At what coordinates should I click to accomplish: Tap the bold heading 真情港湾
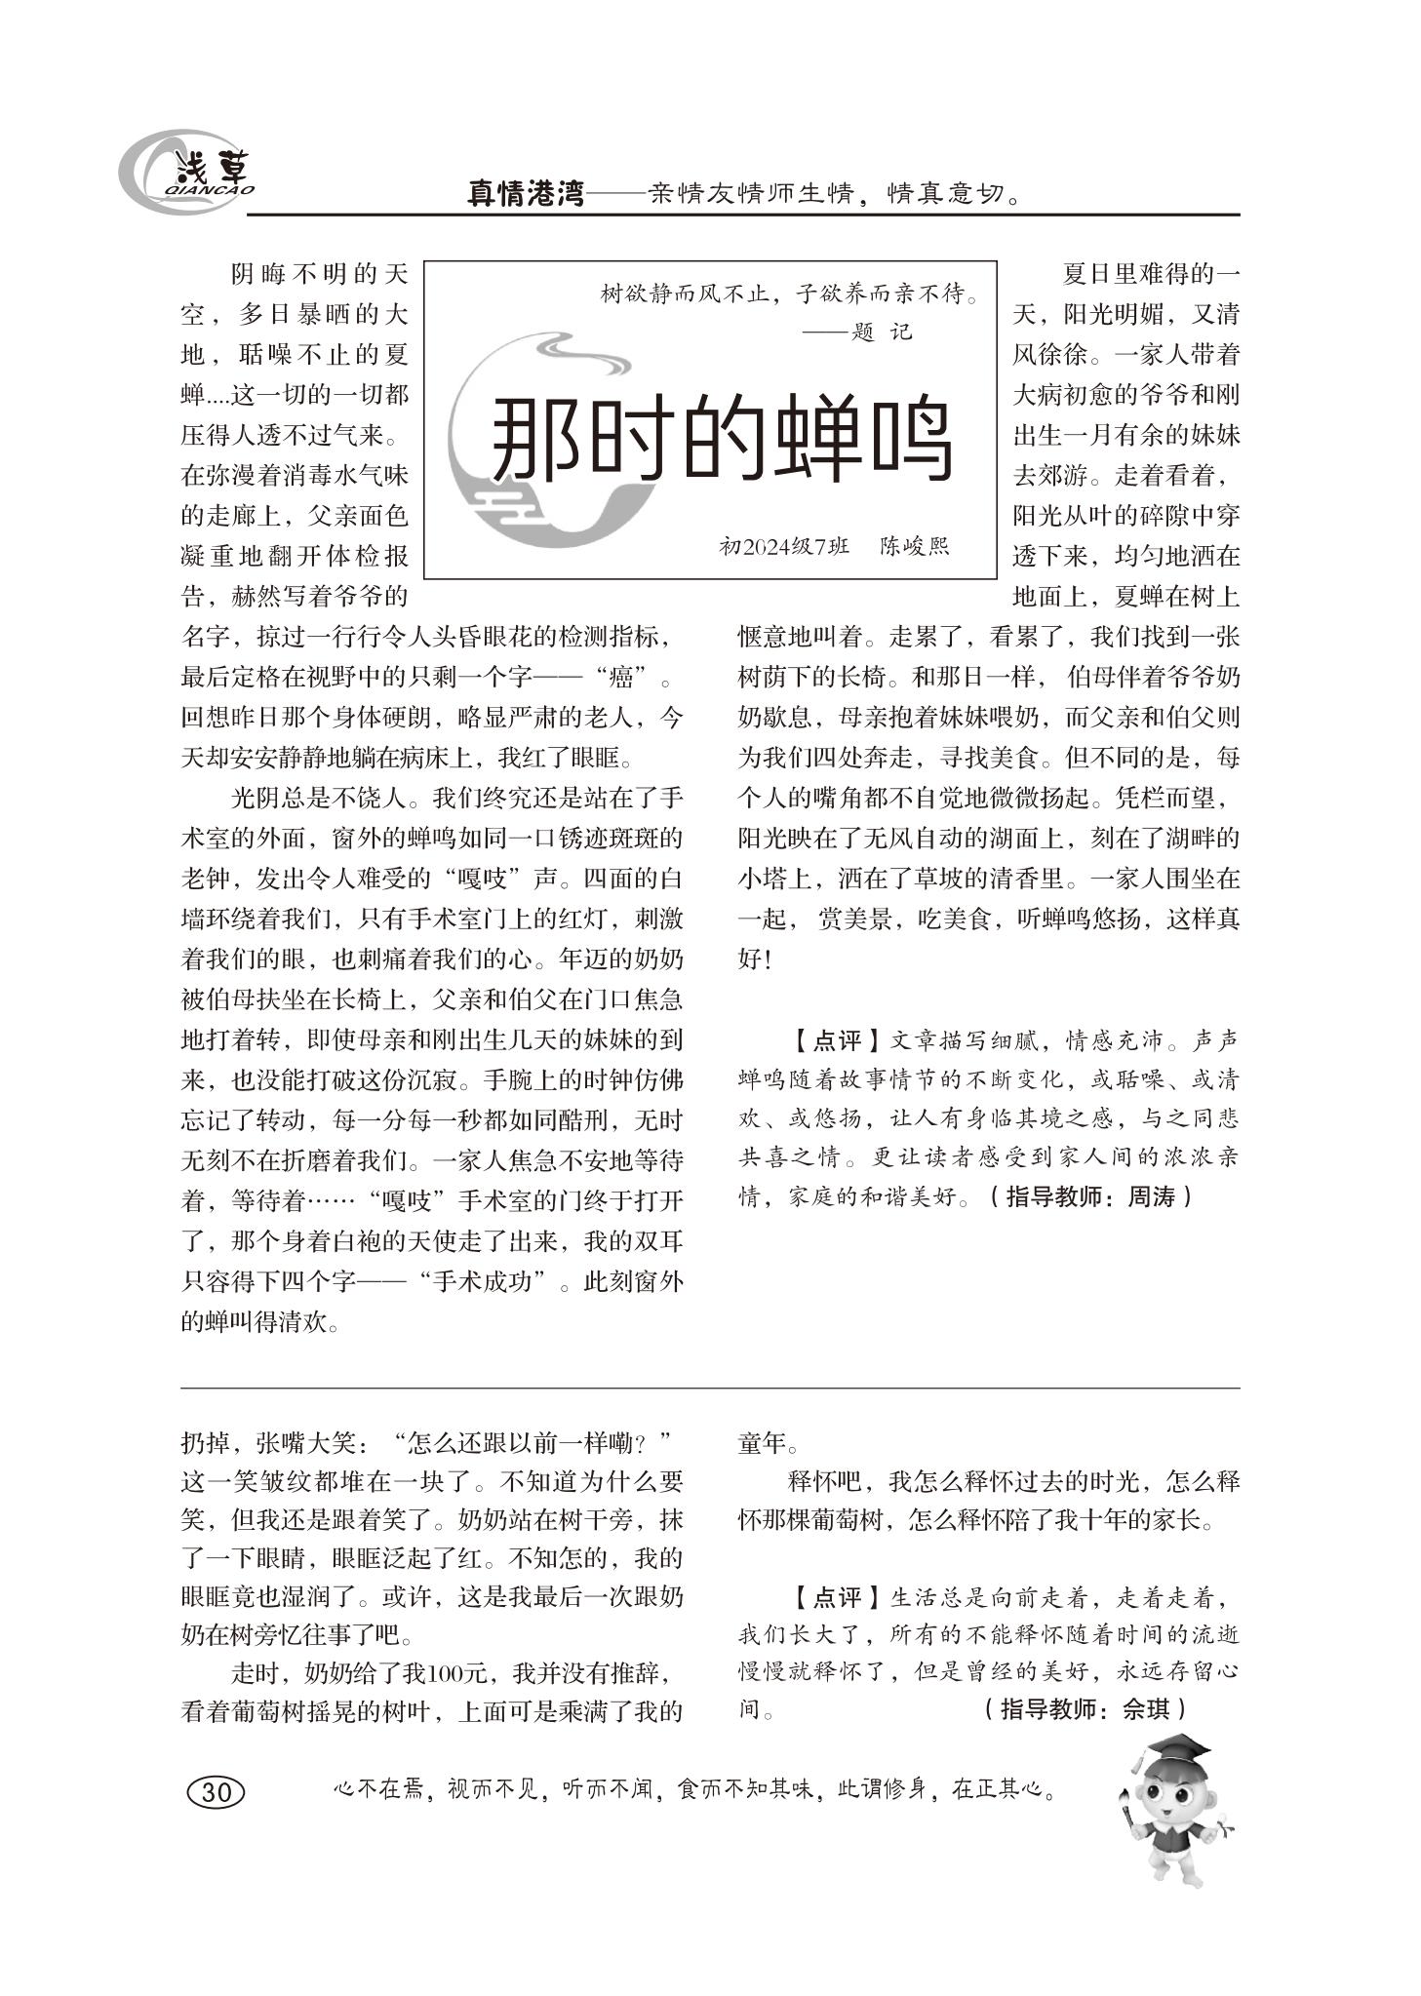point(526,194)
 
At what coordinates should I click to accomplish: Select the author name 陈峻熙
point(914,546)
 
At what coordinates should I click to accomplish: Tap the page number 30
point(215,1791)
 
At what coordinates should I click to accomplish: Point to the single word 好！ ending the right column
point(755,959)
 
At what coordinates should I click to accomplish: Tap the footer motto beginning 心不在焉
point(693,1790)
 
